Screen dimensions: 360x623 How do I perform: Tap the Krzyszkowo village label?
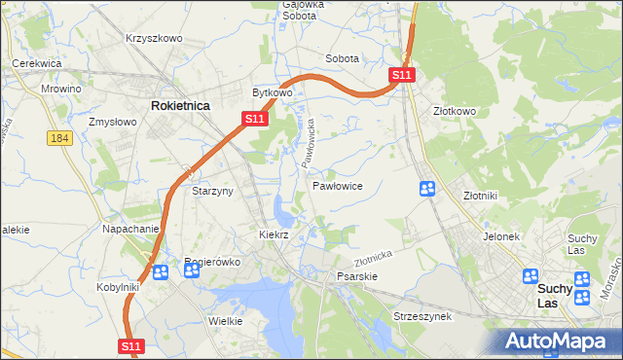coord(154,38)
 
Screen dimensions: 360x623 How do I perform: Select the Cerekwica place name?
coord(37,63)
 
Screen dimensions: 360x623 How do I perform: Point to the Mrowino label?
coord(61,89)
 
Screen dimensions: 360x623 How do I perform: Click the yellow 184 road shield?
coord(59,139)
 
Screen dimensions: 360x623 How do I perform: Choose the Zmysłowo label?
coord(111,123)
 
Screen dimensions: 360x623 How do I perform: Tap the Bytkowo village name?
coord(273,93)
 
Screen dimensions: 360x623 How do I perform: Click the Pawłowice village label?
coord(338,185)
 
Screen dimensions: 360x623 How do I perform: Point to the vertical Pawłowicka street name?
coord(309,140)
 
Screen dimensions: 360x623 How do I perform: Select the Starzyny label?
coord(212,192)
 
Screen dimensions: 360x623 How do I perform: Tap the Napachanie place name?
coord(130,229)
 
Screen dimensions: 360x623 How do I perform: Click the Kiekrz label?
coord(275,235)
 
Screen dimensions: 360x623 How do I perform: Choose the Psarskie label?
coord(356,276)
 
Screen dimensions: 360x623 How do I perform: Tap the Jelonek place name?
coord(502,236)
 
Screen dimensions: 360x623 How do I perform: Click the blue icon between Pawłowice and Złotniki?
coord(426,188)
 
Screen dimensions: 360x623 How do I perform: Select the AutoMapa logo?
coord(560,341)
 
